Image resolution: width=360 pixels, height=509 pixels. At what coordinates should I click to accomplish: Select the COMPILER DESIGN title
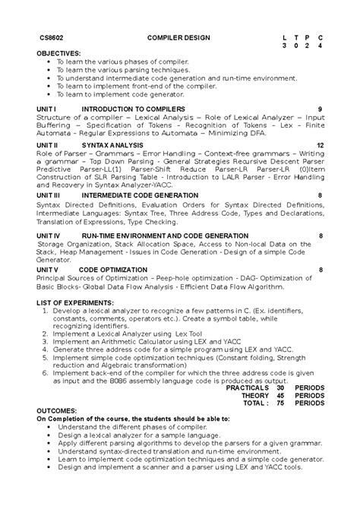[x=179, y=38]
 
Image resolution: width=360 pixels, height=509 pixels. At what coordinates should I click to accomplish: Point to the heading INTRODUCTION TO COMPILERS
[x=128, y=109]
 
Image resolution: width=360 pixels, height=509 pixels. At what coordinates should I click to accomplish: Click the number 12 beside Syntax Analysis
[x=321, y=144]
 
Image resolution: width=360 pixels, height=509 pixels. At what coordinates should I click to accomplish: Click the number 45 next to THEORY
[x=280, y=395]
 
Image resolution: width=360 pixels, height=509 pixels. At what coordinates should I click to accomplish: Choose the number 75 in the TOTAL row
[x=280, y=403]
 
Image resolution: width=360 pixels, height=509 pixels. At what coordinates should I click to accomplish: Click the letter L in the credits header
[x=283, y=38]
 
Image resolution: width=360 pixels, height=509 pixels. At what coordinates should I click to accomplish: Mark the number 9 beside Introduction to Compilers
[x=321, y=109]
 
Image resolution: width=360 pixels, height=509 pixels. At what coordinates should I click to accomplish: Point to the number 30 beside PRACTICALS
[x=280, y=387]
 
